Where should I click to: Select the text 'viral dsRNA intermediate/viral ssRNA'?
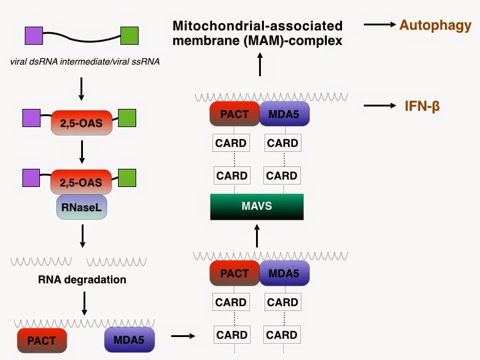click(84, 61)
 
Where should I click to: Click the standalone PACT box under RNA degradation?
click(41, 340)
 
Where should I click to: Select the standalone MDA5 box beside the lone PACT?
click(130, 340)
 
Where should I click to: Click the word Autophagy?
click(436, 25)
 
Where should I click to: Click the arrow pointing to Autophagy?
click(379, 25)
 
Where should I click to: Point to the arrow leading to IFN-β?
click(379, 106)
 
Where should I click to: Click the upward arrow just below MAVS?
click(257, 235)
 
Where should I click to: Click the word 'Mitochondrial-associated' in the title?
click(257, 26)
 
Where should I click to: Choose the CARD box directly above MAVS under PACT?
click(231, 176)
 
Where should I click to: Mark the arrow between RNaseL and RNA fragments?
click(83, 238)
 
